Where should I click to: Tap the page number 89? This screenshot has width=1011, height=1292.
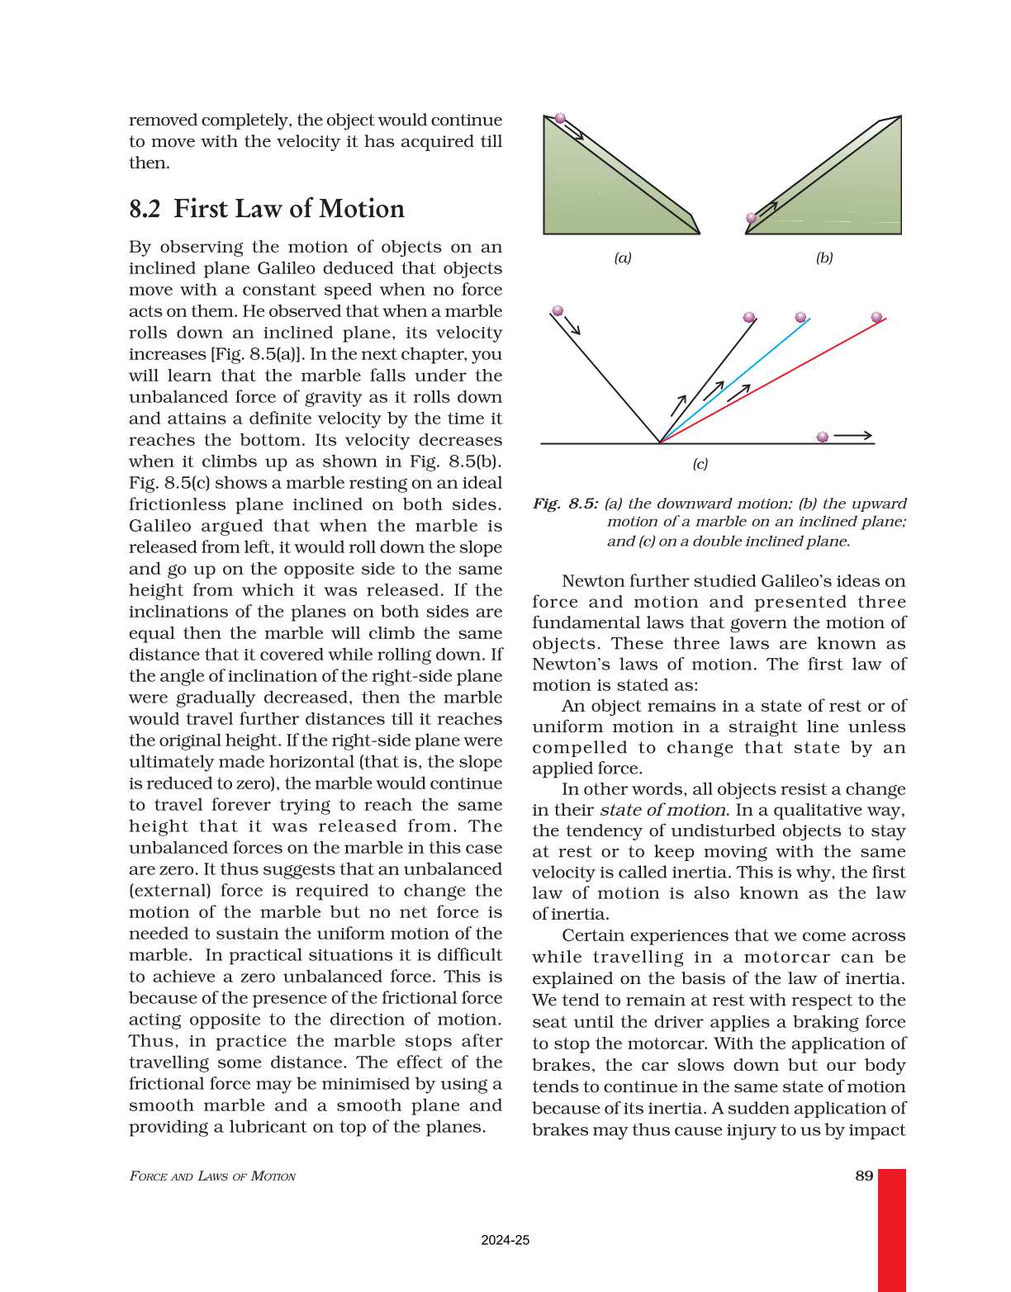click(x=864, y=1176)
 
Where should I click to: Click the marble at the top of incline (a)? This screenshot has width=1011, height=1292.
click(x=560, y=118)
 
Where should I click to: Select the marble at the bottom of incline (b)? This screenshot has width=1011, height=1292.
click(x=752, y=219)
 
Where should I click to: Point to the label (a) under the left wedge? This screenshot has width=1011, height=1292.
click(x=623, y=258)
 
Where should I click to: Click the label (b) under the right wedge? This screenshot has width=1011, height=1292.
click(x=824, y=258)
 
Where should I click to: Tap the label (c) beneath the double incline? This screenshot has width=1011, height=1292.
click(x=700, y=464)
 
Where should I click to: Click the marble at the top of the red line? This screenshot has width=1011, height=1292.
click(x=876, y=317)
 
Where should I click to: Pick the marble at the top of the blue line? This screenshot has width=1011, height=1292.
click(x=800, y=317)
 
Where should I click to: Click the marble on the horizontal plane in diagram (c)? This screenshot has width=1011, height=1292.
click(x=822, y=437)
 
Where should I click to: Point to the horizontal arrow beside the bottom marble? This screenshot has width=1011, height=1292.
click(x=852, y=436)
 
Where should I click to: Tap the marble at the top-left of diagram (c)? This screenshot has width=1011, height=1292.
click(x=558, y=310)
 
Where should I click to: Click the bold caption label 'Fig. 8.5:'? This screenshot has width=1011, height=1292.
click(x=566, y=504)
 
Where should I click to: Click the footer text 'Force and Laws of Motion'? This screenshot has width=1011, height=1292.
click(x=212, y=1176)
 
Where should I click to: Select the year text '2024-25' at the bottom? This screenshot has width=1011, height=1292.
click(x=505, y=1240)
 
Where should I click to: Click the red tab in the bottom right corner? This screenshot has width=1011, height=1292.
click(x=891, y=1230)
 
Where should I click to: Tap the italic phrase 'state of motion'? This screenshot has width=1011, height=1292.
click(x=662, y=810)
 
